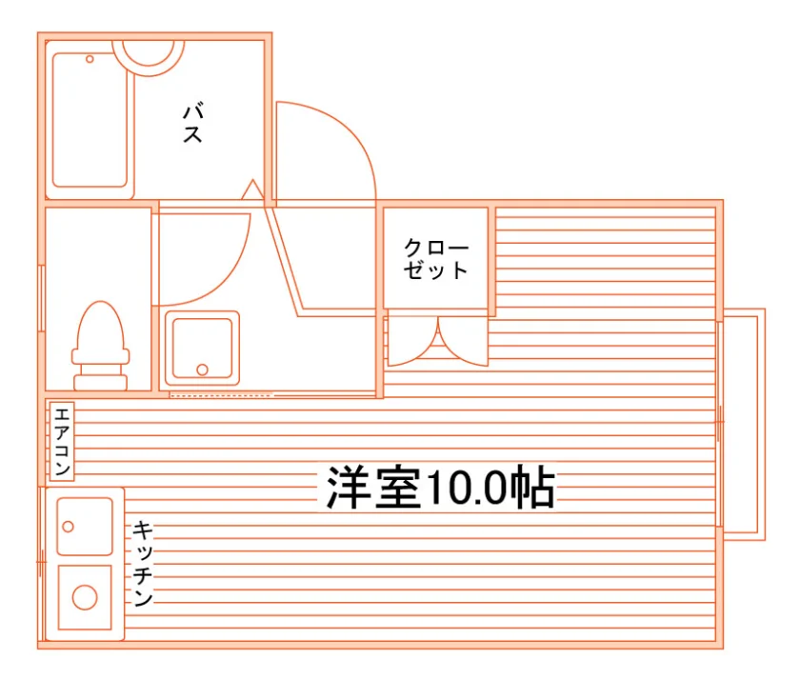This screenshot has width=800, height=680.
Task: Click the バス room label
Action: tap(193, 123)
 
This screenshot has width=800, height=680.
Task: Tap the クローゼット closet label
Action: tap(436, 259)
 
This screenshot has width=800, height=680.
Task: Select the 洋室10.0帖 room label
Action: tap(441, 488)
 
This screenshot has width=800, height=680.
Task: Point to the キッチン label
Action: tap(143, 563)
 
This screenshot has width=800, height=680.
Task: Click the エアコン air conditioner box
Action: tap(62, 441)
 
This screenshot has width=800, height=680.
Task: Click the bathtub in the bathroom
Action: tap(90, 120)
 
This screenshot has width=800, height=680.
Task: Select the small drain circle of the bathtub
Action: tap(90, 59)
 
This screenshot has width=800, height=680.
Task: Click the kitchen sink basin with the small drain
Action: tap(85, 526)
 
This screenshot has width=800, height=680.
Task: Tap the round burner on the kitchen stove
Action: tap(85, 597)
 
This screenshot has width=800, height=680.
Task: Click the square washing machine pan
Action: tap(202, 348)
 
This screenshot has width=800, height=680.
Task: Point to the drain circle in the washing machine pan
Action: tap(202, 370)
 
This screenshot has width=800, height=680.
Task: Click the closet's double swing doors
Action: tap(438, 341)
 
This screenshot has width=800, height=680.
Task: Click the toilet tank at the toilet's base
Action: tap(101, 383)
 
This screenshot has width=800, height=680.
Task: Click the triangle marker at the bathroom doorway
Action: tap(252, 190)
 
